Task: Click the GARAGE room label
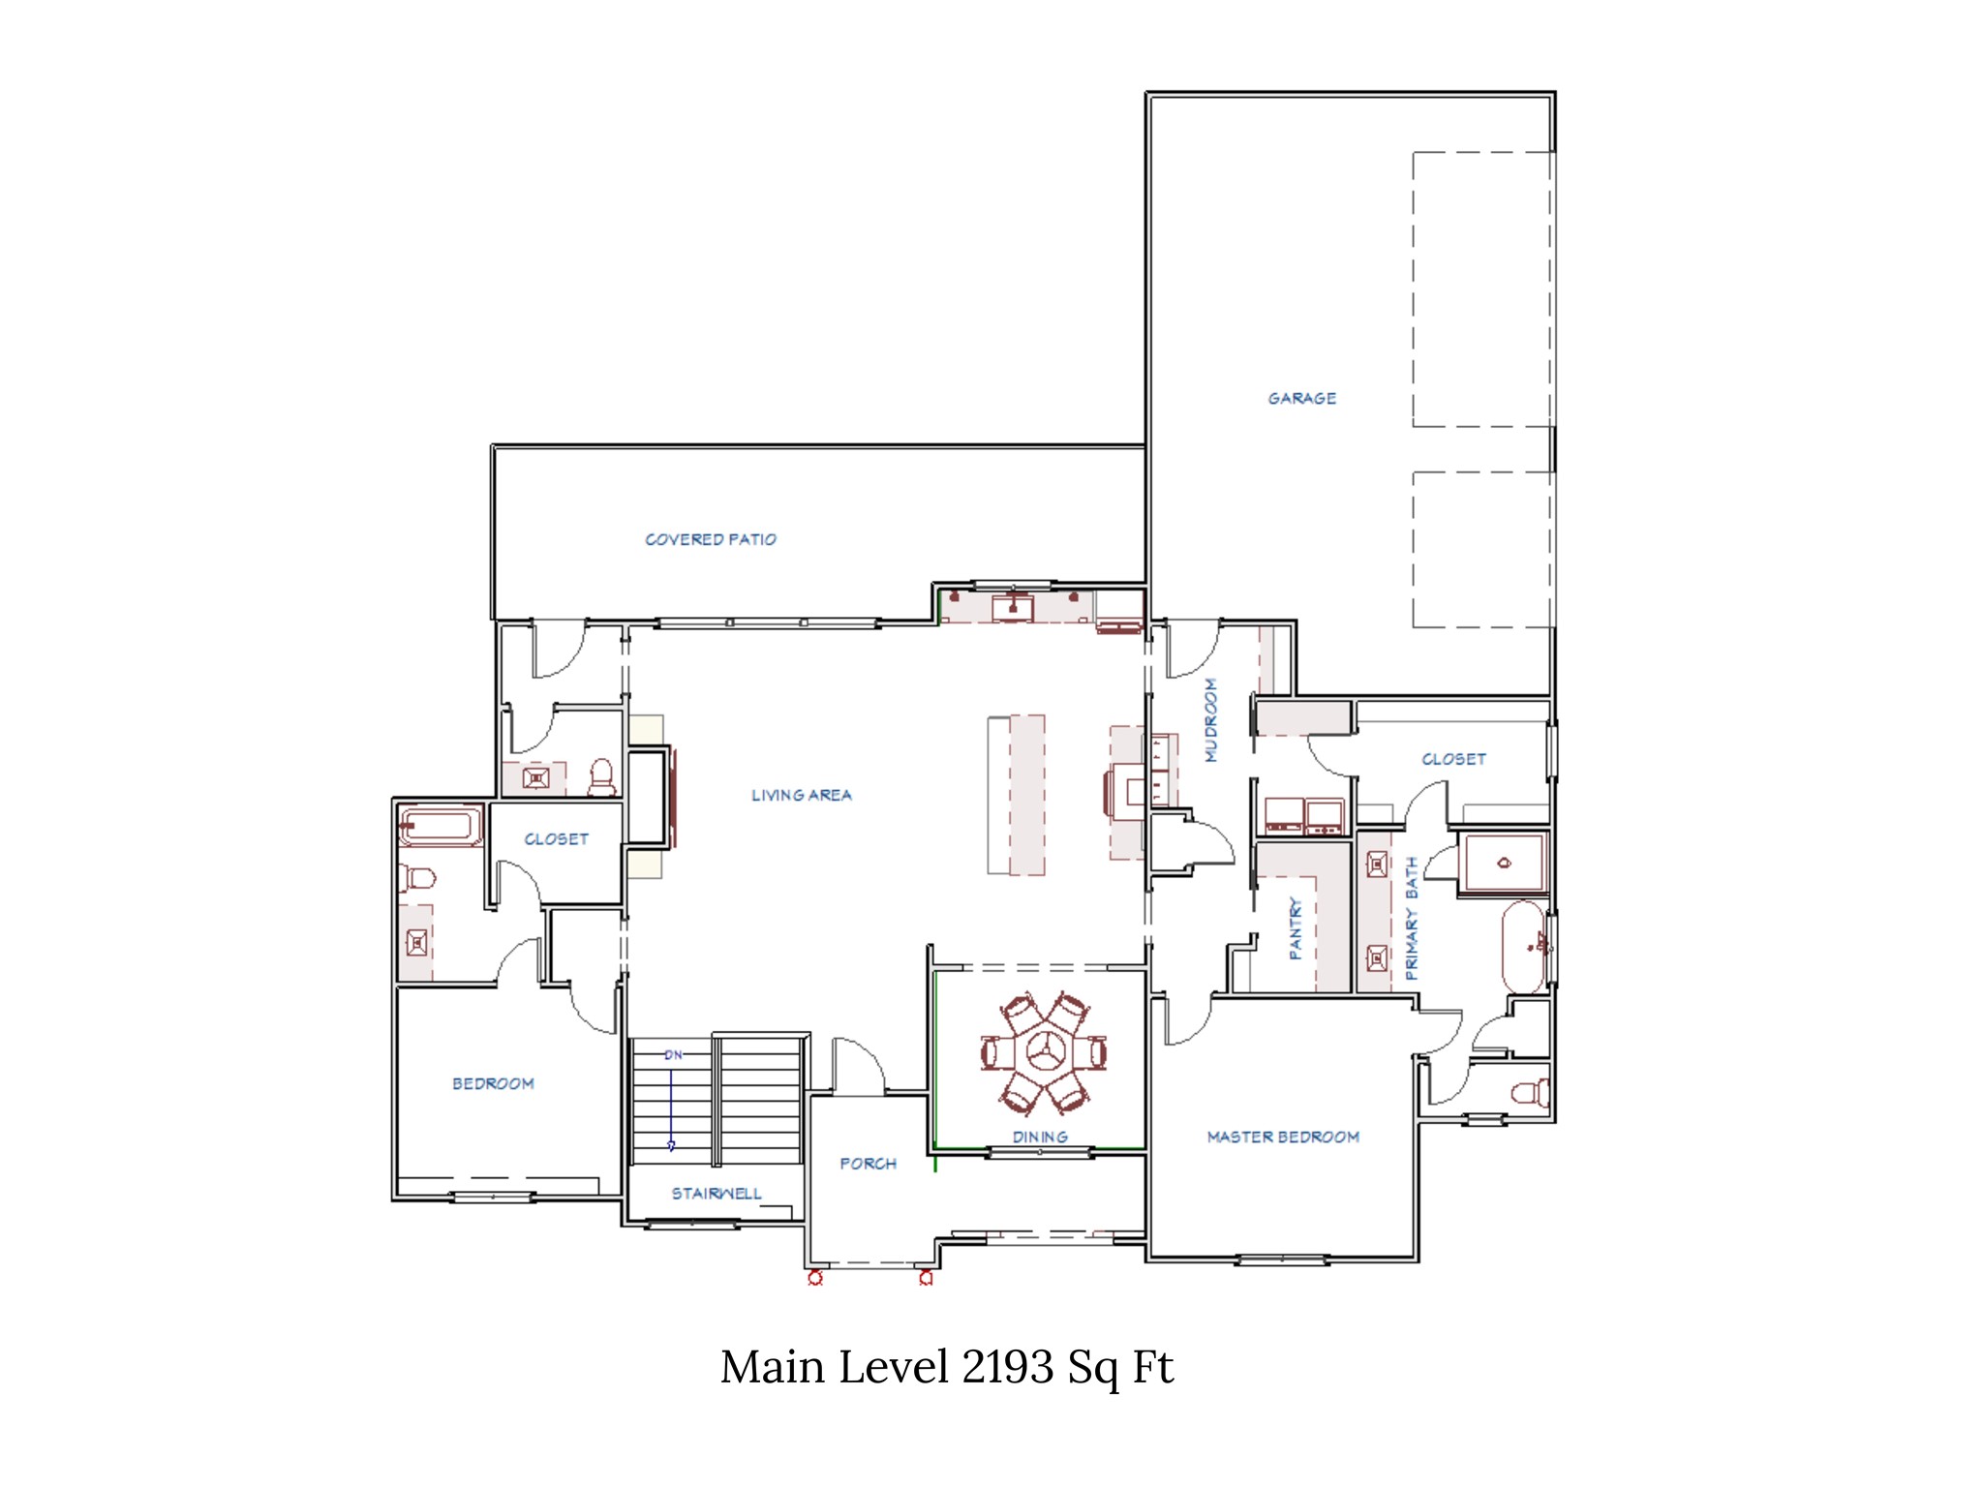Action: (1301, 398)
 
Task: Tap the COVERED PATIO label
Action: (711, 539)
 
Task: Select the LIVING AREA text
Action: (802, 795)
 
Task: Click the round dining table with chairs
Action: (1043, 1052)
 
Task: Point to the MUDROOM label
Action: (1210, 720)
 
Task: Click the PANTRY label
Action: (1296, 928)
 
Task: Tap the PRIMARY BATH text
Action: (1412, 918)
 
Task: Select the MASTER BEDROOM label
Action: (1283, 1137)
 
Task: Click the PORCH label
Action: (868, 1164)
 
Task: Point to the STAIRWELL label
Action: (717, 1194)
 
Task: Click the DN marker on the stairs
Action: (673, 1055)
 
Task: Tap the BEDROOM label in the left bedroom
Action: (493, 1083)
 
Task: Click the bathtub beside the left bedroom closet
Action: (441, 827)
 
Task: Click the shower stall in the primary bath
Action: (1504, 863)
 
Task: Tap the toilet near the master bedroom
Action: (1530, 1094)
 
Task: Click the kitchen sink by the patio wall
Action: (1013, 608)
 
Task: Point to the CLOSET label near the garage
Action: (1453, 759)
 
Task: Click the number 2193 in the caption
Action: (1007, 1368)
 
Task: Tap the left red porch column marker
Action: (815, 1278)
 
